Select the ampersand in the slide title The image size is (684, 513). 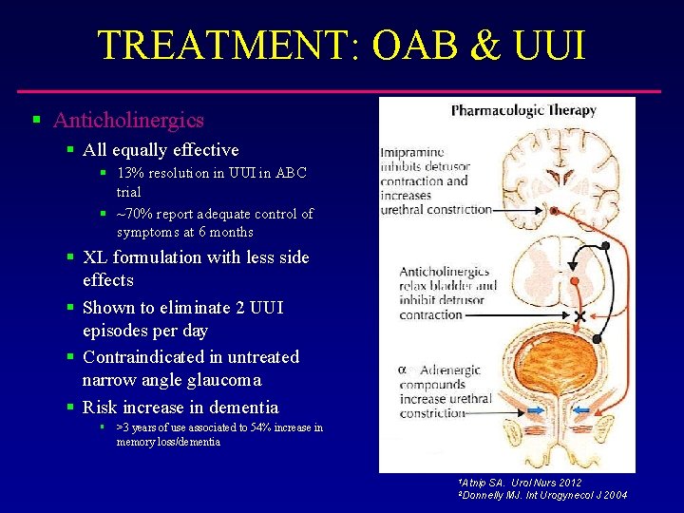click(x=488, y=45)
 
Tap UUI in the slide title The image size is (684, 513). click(x=551, y=45)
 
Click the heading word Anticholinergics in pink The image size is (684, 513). click(x=128, y=121)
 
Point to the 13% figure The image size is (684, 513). click(x=129, y=174)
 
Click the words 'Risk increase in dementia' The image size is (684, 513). click(x=180, y=408)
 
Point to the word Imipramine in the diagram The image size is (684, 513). click(x=413, y=152)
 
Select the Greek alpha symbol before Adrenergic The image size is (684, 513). click(x=402, y=369)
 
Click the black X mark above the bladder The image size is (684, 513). click(x=579, y=315)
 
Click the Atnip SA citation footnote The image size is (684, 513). click(x=519, y=483)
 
